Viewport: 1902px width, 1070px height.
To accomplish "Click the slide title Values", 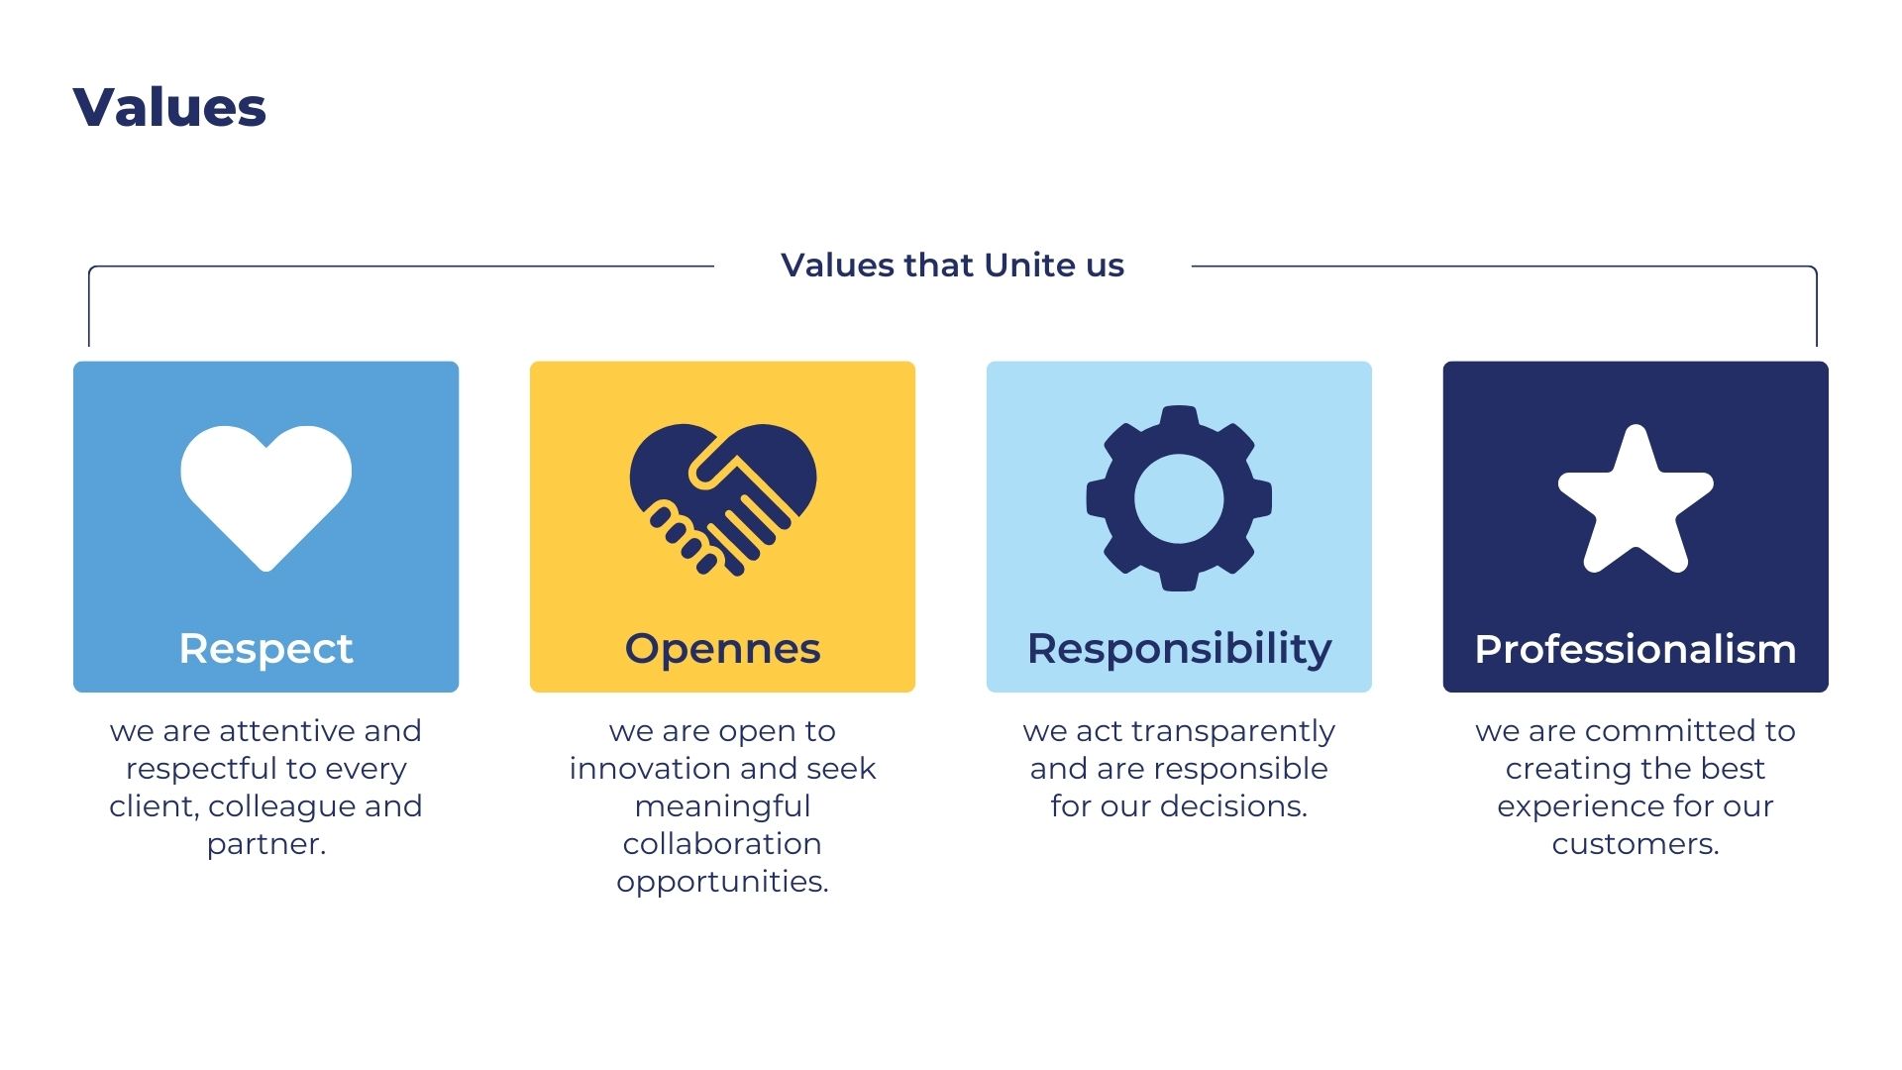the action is point(169,107).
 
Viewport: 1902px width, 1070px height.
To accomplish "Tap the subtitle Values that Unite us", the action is point(952,266).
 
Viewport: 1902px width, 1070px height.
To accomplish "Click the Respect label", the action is point(265,650).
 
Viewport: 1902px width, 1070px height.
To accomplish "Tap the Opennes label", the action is point(722,650).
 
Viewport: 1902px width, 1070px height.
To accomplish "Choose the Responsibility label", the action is point(1179,650).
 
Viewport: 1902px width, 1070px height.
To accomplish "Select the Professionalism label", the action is point(1636,650).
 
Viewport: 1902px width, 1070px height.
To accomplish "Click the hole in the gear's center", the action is point(1179,498).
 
